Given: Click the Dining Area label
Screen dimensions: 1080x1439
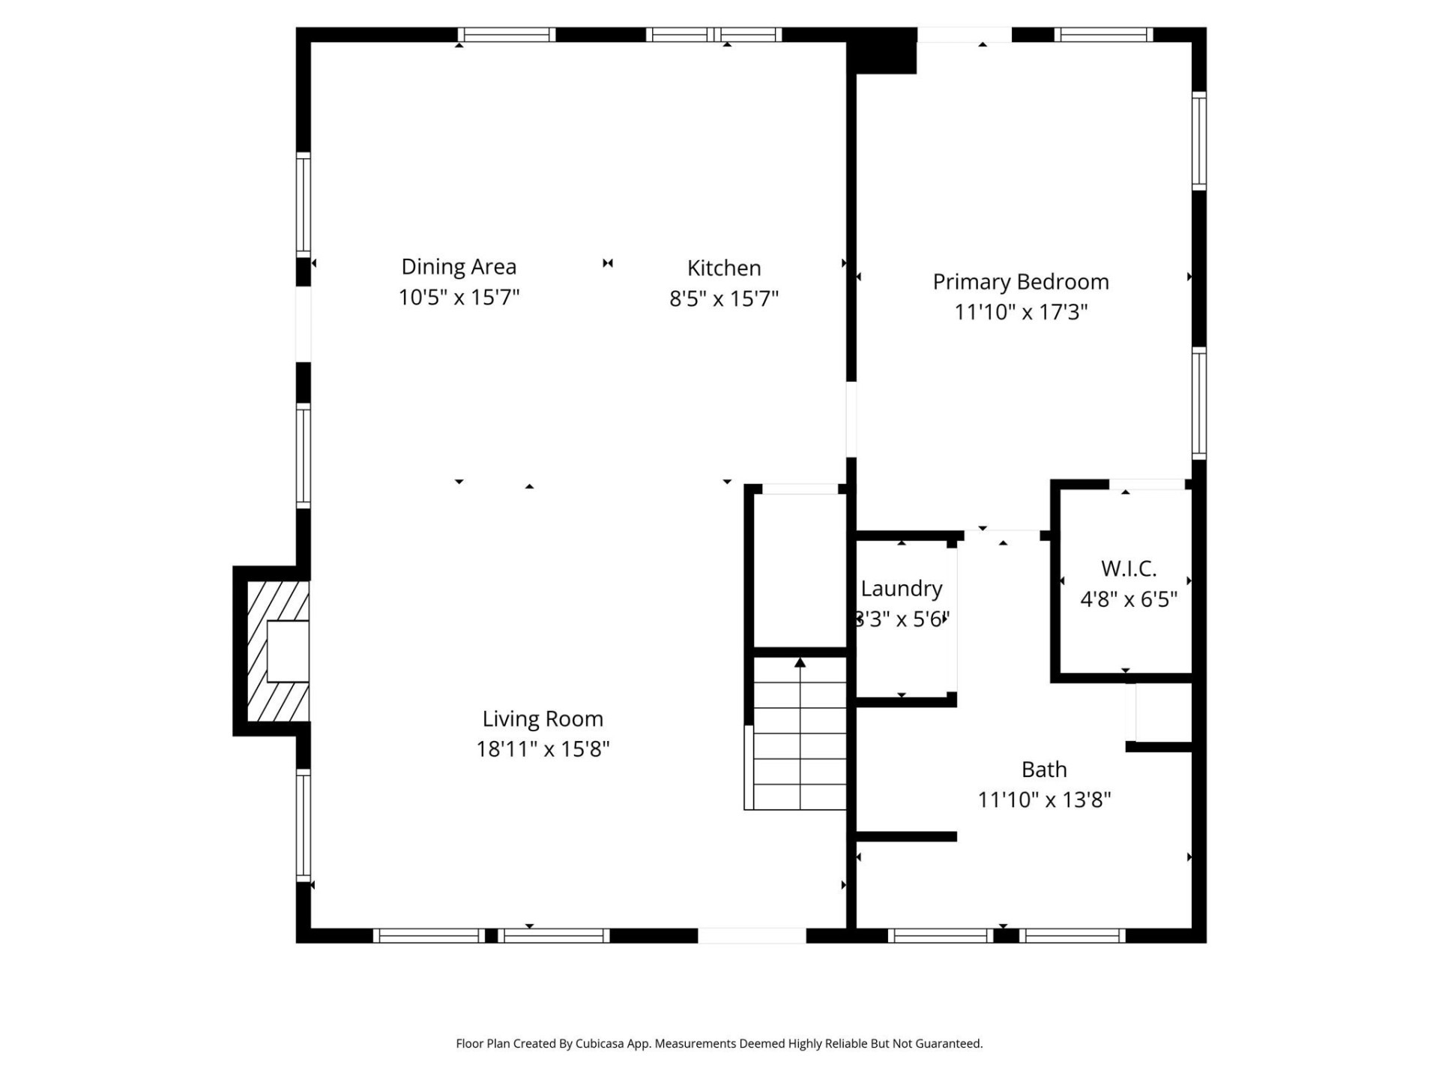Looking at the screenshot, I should (459, 267).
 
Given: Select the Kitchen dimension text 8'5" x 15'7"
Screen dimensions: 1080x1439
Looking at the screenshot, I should (723, 299).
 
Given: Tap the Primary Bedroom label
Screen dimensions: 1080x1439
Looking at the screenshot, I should (1020, 282).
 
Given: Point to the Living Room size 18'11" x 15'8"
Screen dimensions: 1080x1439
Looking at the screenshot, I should (543, 749).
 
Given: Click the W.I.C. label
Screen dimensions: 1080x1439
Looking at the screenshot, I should (1128, 568).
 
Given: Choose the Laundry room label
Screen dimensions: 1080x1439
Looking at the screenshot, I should (901, 589).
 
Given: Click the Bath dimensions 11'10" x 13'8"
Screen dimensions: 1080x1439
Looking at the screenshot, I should (1043, 800).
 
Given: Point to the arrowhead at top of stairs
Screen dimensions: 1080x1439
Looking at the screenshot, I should (800, 662).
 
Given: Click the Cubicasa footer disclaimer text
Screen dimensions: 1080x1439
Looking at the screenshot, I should (719, 1043).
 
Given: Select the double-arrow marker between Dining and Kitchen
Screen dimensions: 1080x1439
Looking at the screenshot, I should (608, 263).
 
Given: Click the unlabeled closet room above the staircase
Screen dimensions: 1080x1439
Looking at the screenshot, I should (800, 570).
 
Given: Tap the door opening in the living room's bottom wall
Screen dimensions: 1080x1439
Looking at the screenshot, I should (752, 935).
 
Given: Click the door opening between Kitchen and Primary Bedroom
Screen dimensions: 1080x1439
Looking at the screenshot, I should (851, 419).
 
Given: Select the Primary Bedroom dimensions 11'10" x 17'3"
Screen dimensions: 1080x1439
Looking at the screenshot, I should (1020, 313).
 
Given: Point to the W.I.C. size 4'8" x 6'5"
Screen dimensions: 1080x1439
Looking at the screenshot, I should (1128, 599).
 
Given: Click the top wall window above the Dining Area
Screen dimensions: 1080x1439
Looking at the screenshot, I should (507, 34).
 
